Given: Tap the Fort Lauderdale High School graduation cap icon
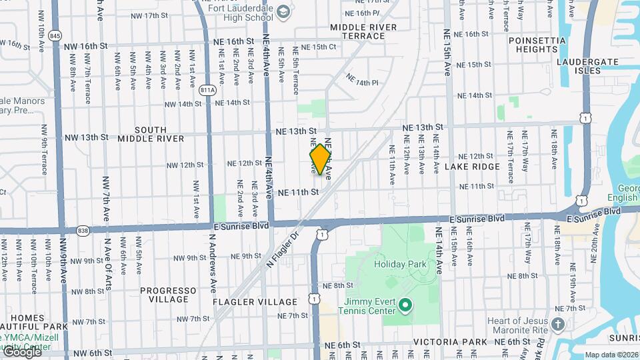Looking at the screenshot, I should tap(283, 12).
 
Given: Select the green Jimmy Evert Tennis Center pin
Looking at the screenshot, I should tap(405, 306).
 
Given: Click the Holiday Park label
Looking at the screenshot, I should tap(399, 264).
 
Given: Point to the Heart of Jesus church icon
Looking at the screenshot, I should tap(559, 325).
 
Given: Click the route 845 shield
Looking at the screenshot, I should tap(55, 35).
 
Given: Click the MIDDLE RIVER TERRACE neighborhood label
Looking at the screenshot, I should tap(363, 31).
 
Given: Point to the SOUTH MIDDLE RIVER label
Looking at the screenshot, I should tap(150, 134).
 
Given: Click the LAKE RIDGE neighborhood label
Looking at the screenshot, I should tap(472, 166).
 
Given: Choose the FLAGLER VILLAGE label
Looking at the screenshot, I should tap(245, 302).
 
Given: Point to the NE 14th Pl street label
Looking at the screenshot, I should tap(362, 79).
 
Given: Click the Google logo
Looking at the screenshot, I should tap(22, 351).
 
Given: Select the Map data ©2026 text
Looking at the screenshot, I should tap(611, 355).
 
